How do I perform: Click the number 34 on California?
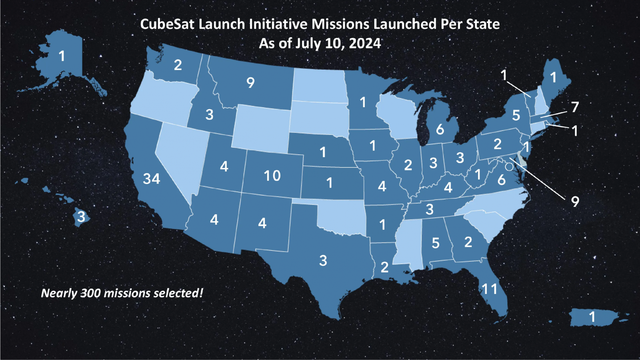(152, 178)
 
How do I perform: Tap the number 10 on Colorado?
(272, 176)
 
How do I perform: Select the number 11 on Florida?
(489, 289)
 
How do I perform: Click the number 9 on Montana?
(250, 82)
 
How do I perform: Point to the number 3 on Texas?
(323, 261)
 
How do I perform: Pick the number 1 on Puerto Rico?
(592, 317)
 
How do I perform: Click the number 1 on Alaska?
(62, 56)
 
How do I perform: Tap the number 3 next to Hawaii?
(81, 216)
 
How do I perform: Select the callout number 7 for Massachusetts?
(575, 107)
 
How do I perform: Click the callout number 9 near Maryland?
(575, 201)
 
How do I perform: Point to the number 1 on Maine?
(553, 77)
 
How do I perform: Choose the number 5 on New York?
(516, 116)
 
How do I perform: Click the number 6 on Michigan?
(440, 129)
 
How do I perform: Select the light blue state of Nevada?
(180, 156)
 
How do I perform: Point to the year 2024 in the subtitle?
(365, 43)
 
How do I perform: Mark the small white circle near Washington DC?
(509, 167)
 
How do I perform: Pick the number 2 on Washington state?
(178, 65)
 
